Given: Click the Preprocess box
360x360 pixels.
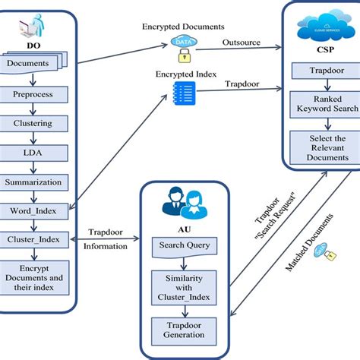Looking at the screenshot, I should tap(36, 95).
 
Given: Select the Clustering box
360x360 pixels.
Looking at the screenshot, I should tap(36, 122).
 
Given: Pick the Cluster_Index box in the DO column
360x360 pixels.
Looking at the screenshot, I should tap(36, 238).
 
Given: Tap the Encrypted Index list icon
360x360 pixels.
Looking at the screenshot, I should tap(182, 93).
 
